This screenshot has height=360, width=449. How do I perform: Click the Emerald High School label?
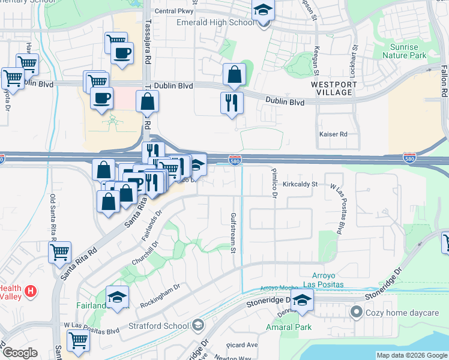click(x=215, y=23)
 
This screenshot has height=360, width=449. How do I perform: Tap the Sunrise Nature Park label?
click(x=408, y=51)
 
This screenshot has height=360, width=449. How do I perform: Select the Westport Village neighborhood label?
click(x=334, y=89)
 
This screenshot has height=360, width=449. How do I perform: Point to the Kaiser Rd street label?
click(x=334, y=134)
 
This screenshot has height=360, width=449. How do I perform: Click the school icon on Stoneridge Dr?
click(x=302, y=301)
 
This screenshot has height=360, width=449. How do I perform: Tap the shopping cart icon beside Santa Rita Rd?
click(x=59, y=253)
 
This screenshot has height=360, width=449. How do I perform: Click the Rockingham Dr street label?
click(x=160, y=296)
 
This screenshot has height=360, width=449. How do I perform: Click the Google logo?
click(x=20, y=353)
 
